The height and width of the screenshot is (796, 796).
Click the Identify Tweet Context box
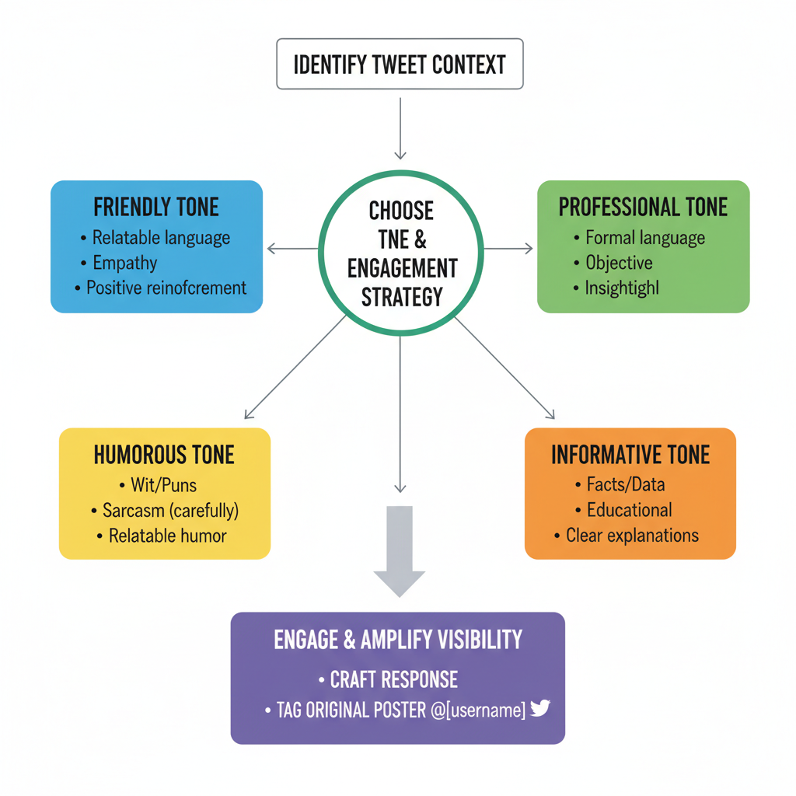tap(400, 64)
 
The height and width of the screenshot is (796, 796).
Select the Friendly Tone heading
tap(156, 207)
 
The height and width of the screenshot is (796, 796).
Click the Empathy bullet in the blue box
tap(124, 263)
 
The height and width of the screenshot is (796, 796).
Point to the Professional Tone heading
tap(643, 207)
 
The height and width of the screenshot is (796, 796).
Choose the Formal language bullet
tap(644, 238)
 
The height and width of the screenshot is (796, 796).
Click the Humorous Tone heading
tap(164, 454)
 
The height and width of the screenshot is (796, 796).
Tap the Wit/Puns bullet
tap(163, 486)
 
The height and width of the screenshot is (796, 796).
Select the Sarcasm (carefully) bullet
tap(170, 511)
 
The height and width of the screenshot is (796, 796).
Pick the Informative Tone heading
tap(630, 454)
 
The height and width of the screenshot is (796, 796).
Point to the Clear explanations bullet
tap(632, 536)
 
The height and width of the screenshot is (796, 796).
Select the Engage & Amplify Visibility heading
tap(398, 640)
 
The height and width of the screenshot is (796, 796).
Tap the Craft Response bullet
tap(393, 680)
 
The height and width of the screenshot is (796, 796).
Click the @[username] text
tap(477, 709)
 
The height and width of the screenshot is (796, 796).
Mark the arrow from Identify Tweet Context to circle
tap(400, 127)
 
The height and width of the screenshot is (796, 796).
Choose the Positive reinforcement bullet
tap(166, 288)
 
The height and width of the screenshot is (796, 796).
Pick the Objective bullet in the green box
tap(619, 263)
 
